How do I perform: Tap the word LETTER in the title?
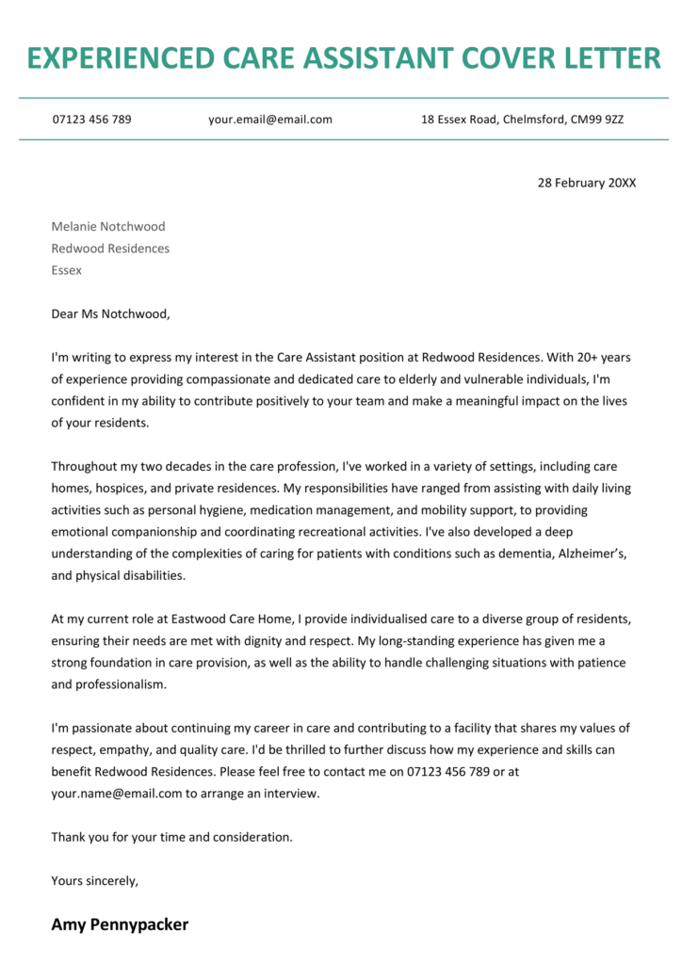609,58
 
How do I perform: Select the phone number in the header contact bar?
91,120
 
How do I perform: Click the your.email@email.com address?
270,120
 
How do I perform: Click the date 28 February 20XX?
586,183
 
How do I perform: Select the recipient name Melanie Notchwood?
108,226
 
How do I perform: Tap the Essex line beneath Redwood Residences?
66,270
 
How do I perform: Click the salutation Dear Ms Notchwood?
111,313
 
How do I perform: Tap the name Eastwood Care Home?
183,619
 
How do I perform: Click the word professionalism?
107,684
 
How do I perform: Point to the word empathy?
115,749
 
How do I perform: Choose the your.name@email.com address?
116,793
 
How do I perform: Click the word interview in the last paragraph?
292,793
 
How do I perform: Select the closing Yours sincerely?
94,880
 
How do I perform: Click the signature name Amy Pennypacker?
120,924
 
